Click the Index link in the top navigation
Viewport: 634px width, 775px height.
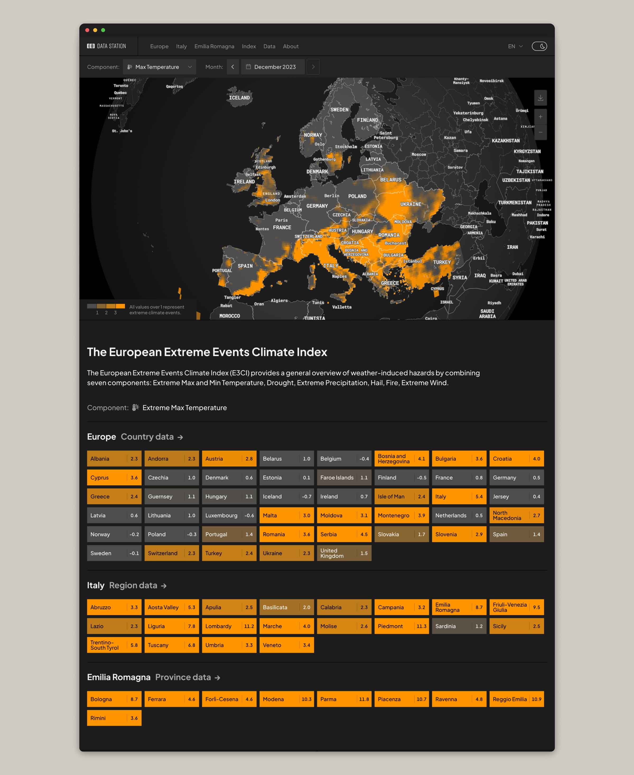[249, 46]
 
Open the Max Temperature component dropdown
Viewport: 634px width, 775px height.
[159, 67]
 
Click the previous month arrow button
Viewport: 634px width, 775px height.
[233, 67]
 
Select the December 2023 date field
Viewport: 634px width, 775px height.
[273, 67]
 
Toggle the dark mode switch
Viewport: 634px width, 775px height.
[539, 46]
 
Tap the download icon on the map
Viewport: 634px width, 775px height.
[540, 98]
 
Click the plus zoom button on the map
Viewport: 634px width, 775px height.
[540, 117]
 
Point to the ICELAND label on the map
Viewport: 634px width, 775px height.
[239, 98]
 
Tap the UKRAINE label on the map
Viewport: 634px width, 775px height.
[411, 204]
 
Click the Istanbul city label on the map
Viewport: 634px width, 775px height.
[412, 261]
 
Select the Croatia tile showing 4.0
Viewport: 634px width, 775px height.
[516, 458]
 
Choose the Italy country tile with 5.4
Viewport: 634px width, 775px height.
[459, 496]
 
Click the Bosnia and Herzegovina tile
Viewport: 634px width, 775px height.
[401, 458]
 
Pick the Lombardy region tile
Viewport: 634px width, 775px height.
[229, 626]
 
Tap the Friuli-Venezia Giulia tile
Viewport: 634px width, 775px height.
[516, 607]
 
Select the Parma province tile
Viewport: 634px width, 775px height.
[344, 699]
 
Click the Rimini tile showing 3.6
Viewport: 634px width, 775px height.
[114, 718]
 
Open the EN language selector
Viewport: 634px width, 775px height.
[515, 46]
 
